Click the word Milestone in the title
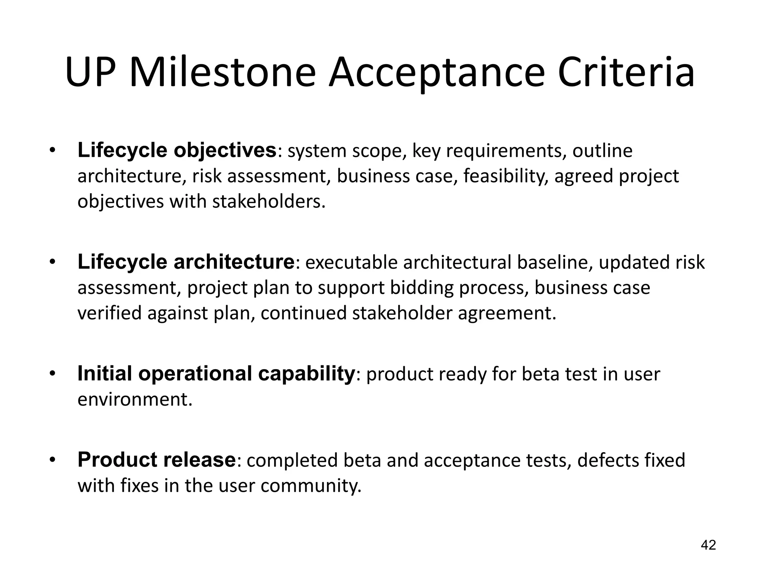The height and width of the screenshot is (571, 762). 222,72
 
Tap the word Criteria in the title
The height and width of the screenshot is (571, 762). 626,72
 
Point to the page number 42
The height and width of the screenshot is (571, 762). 708,545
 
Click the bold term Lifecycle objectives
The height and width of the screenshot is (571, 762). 177,151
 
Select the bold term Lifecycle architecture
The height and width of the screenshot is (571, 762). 186,262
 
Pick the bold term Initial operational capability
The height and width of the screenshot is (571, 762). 216,374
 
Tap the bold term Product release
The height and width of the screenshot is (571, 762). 157,460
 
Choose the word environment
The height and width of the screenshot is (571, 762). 135,399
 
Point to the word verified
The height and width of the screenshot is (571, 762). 109,313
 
